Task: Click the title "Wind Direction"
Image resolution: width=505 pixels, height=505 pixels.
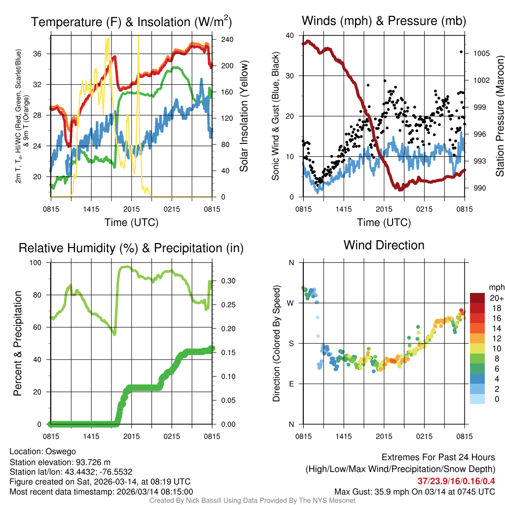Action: [x=384, y=245]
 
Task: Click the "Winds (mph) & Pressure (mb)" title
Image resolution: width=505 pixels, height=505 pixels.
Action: [x=384, y=21]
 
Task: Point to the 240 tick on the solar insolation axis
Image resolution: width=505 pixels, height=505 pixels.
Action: [x=220, y=40]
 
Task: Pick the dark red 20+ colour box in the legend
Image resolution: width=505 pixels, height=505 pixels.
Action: [x=478, y=298]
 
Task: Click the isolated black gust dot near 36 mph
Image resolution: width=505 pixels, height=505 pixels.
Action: [x=462, y=52]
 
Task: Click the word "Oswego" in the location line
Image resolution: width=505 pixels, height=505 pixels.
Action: [x=61, y=451]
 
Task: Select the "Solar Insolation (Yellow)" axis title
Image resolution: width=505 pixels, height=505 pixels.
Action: [x=244, y=116]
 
